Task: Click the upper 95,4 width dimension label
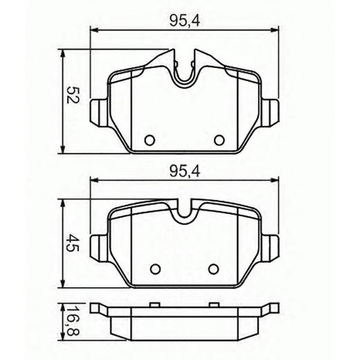pos(184,21)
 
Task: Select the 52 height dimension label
pos(69,95)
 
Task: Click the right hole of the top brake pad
pos(219,140)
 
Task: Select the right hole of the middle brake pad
pos(214,269)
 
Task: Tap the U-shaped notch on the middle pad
pos(185,215)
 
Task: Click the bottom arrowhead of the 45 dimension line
pos(64,287)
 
